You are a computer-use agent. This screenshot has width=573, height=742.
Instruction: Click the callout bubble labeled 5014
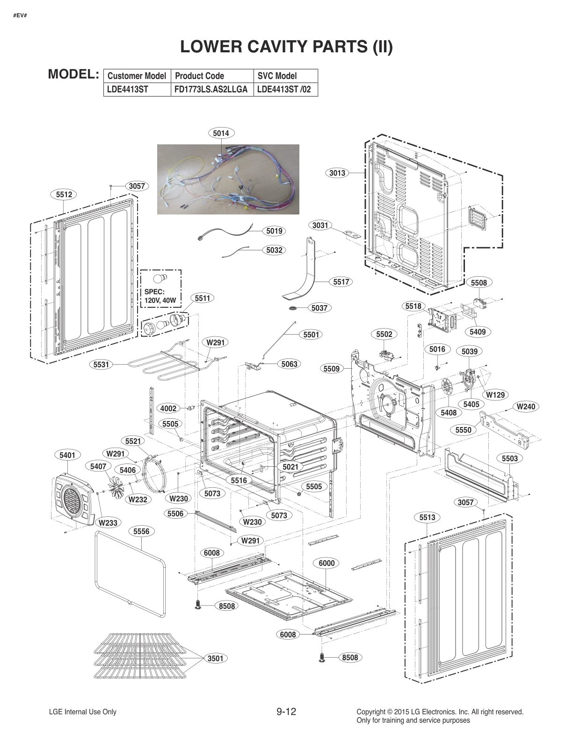[221, 133]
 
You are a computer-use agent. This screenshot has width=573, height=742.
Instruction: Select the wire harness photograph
[228, 179]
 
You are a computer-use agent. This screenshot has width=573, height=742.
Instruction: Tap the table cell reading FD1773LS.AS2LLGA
[211, 89]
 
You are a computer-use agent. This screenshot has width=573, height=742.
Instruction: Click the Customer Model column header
[137, 76]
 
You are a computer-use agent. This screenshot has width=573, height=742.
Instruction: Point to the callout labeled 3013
[337, 173]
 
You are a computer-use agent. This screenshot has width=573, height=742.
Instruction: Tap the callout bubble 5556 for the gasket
[141, 531]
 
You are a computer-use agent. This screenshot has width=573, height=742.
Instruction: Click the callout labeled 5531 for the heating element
[102, 364]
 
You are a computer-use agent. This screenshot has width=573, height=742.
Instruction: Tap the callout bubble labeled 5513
[427, 517]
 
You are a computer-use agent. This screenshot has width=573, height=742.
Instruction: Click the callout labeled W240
[526, 407]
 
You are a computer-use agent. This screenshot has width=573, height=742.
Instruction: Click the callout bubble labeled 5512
[64, 194]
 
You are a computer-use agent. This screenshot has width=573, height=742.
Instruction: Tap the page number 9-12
[286, 712]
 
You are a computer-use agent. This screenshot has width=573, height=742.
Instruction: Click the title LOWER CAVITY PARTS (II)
[286, 47]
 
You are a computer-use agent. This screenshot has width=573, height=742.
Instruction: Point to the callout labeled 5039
[469, 351]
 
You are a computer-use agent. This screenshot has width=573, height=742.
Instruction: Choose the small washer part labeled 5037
[294, 308]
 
